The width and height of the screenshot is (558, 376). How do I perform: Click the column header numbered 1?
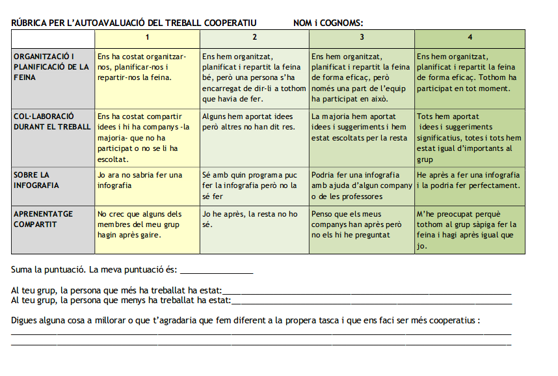[x=148, y=37]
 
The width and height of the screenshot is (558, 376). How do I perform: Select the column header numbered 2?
[x=254, y=37]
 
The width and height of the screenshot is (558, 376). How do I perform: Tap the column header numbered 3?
[x=362, y=37]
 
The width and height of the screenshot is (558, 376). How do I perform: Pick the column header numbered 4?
[x=470, y=37]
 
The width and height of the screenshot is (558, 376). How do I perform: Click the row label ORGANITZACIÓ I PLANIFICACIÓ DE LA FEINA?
[x=52, y=67]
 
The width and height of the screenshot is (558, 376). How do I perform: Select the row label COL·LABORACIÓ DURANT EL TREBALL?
[x=52, y=122]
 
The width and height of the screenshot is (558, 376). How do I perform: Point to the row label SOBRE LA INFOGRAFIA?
[x=36, y=180]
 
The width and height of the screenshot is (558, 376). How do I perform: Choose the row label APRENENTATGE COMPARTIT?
[x=43, y=219]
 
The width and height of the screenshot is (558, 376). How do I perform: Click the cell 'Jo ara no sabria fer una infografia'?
[x=140, y=180]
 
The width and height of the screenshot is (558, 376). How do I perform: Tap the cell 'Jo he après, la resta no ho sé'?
[x=250, y=219]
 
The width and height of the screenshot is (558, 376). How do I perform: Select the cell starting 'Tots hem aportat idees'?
[x=469, y=137]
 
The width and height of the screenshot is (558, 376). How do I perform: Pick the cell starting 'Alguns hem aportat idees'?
[x=248, y=122]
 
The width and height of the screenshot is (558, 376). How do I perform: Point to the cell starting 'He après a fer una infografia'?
[x=468, y=180]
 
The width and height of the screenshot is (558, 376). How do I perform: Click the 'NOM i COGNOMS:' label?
[x=328, y=23]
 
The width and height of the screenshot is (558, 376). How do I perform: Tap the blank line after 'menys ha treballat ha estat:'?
[x=371, y=302]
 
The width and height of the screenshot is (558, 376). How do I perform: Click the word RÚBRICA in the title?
[x=29, y=23]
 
